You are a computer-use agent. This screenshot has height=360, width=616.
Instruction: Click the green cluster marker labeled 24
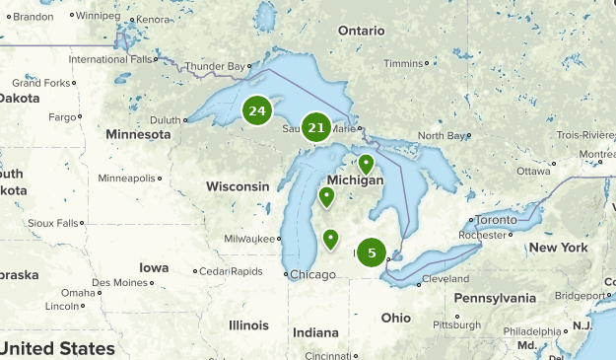pos(257,111)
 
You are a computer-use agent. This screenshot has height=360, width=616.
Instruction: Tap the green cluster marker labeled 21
pos(316,127)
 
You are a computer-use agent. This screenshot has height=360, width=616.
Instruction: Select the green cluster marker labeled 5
pos(372,252)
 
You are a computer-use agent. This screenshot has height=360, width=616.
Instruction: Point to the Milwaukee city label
pos(248,239)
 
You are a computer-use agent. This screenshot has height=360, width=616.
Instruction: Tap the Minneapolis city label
pos(127,179)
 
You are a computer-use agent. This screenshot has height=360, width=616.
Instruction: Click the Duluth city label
pos(164,119)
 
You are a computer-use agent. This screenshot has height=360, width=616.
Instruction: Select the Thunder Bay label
pos(214,67)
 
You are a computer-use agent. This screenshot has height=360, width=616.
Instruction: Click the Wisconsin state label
pos(238,186)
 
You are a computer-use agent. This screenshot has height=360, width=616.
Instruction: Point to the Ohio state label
pos(396,318)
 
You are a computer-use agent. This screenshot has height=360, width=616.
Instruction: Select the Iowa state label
pos(154,267)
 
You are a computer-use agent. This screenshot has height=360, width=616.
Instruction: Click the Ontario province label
pos(361,31)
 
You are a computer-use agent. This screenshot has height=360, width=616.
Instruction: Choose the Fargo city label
pos(63,117)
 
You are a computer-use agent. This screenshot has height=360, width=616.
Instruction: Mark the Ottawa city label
pos(533,171)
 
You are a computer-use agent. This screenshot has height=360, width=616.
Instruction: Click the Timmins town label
pos(402,63)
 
